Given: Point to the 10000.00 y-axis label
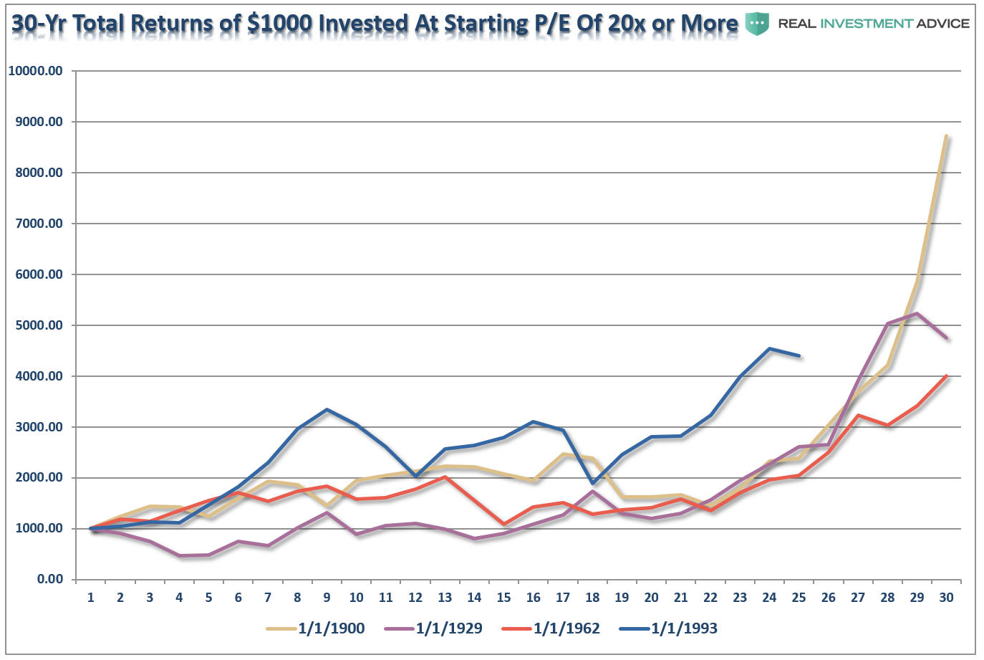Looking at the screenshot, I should (35, 71).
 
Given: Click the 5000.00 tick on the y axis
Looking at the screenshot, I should (39, 325).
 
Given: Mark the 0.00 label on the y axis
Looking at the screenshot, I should (50, 579).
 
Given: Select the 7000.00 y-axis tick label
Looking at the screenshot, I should (39, 224).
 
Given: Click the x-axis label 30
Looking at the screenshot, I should (946, 598).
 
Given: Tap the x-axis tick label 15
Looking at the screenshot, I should (503, 598).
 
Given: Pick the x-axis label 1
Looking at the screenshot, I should (91, 598).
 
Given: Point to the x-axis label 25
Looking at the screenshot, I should (799, 598).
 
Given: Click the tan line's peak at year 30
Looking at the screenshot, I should (946, 136).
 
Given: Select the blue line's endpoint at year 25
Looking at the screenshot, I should (799, 355).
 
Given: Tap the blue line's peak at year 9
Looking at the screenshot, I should (327, 410).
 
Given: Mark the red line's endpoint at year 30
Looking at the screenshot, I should (946, 376).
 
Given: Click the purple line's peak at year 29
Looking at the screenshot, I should (917, 313).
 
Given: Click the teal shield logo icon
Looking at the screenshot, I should (757, 23).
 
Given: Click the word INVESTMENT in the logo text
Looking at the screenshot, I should (866, 24).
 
